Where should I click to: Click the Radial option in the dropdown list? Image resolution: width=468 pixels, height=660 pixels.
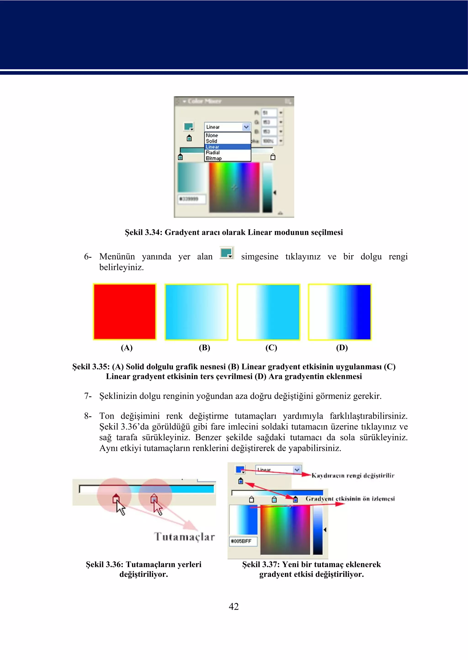point(213,153)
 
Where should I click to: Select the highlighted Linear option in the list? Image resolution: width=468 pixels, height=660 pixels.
point(213,147)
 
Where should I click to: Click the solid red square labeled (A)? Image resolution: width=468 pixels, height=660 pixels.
point(125,312)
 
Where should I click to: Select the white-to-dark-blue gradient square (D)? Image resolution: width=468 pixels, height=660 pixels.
point(340,312)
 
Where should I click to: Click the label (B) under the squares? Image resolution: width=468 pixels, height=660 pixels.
point(204,348)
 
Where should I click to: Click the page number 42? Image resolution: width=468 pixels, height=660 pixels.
point(234,606)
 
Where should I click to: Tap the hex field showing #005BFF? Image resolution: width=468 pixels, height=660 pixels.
point(243,541)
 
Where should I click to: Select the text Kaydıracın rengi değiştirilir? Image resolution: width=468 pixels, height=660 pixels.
point(353,476)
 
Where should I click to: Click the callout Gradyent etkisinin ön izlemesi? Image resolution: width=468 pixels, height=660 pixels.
point(350,499)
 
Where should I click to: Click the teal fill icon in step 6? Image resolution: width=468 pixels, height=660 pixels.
point(226,253)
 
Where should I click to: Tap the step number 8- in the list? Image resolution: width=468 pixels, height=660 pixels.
point(88,416)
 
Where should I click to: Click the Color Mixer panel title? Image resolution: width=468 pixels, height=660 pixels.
point(204,101)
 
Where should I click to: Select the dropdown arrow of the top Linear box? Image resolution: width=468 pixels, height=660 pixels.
point(246,127)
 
